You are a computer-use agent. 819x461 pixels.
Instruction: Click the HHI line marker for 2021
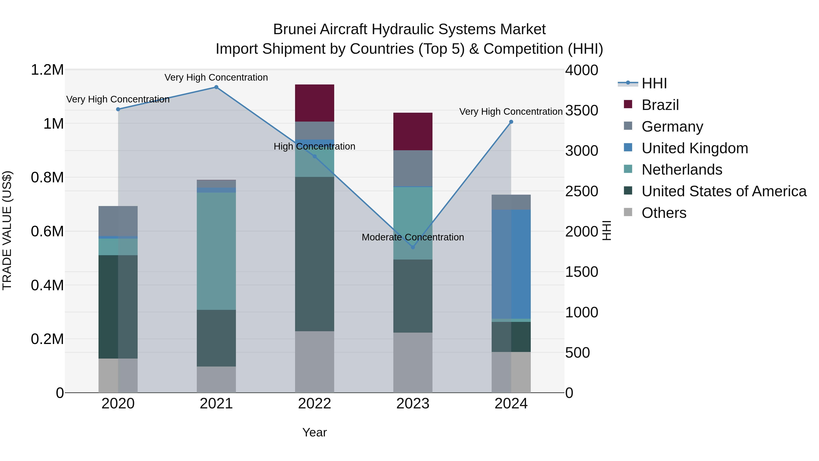point(216,87)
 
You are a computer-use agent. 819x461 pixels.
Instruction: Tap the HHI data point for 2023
point(413,247)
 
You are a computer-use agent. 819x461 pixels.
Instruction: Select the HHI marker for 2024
point(511,122)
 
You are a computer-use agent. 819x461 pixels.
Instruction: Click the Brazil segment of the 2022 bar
point(314,103)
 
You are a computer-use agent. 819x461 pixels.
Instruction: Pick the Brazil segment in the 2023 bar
point(413,131)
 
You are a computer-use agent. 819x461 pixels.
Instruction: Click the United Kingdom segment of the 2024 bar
point(511,264)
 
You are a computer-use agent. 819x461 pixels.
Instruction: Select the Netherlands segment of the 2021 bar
point(216,251)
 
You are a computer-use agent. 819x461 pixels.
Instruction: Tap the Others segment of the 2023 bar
point(413,362)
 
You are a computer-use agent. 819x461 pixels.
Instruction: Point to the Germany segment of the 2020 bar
point(118,221)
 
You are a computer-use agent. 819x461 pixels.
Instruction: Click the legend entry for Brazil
point(660,105)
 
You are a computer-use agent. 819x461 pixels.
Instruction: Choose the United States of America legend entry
point(724,191)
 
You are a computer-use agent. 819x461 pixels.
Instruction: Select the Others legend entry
point(664,213)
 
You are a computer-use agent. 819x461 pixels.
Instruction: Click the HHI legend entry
point(654,83)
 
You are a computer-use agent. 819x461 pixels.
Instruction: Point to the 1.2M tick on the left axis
point(47,70)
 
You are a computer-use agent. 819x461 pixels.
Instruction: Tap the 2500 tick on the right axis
point(581,191)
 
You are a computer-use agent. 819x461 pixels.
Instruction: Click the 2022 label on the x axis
point(314,404)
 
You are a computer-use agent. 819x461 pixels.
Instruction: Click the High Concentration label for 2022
point(314,146)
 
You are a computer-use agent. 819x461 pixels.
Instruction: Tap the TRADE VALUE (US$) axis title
point(7,230)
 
